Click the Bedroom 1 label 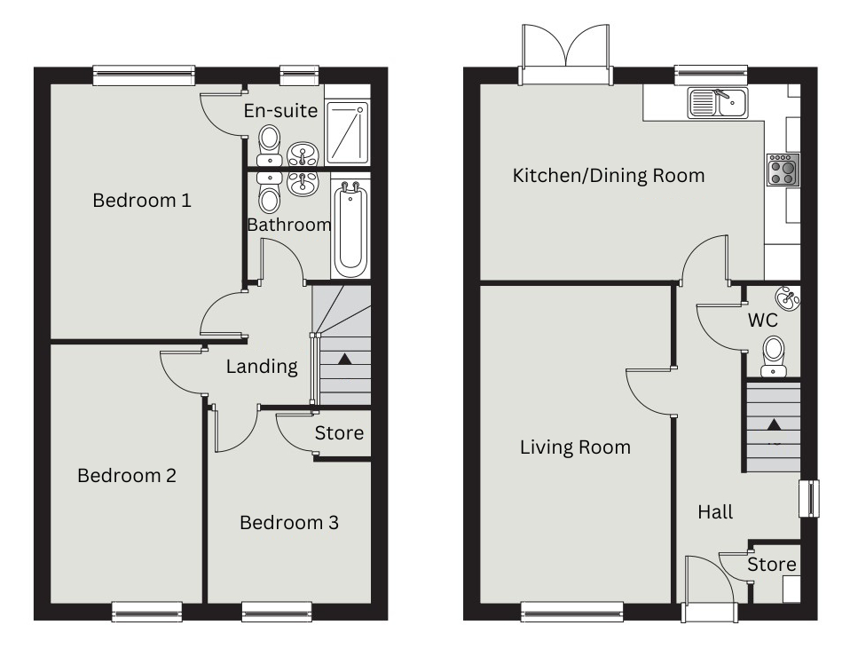142,201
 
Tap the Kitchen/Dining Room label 609,175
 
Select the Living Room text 575,447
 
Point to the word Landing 262,367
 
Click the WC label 763,321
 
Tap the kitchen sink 718,103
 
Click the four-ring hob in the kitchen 783,170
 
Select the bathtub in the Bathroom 350,231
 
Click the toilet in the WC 774,356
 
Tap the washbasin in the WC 788,298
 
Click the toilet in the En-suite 270,145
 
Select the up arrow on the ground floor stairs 774,424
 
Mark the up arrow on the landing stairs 345,359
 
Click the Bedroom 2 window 147,612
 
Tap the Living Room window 572,612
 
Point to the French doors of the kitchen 565,55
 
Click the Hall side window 809,498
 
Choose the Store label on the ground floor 772,565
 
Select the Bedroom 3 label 289,523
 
